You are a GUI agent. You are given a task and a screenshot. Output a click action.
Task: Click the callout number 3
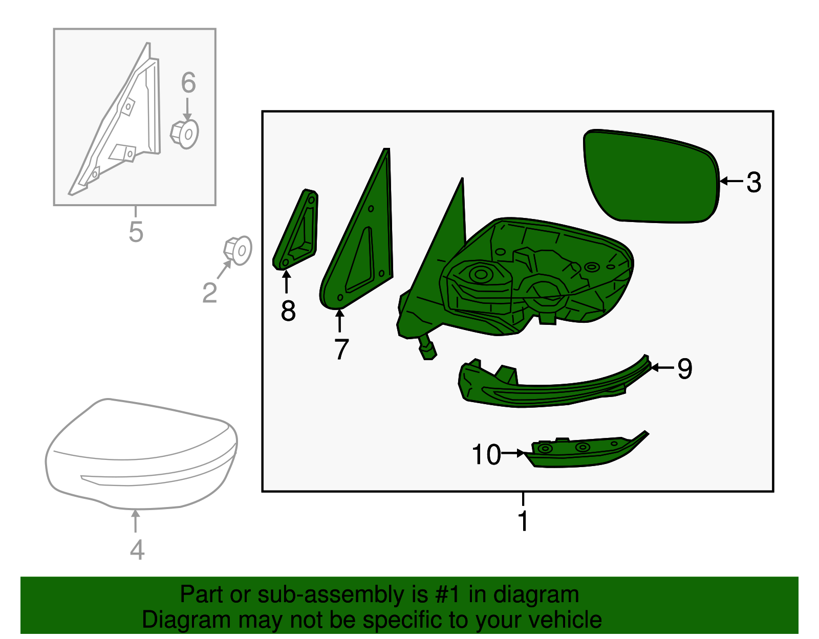[x=754, y=183]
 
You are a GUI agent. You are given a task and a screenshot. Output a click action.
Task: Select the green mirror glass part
[x=651, y=176]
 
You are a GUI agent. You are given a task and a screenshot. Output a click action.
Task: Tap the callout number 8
[x=288, y=311]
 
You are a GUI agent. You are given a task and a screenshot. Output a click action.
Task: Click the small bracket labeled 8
[x=296, y=230]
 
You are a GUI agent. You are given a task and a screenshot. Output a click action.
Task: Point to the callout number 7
[x=341, y=349]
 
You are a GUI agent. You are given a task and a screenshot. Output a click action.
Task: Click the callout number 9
[x=685, y=369]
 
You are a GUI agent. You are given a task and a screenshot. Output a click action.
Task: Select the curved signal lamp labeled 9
[x=554, y=382]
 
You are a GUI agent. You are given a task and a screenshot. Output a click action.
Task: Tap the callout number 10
[x=486, y=454]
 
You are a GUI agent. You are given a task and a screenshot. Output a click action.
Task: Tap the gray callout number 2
[x=209, y=293]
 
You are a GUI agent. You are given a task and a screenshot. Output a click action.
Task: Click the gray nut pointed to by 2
[x=238, y=251]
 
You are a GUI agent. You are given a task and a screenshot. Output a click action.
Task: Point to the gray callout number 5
[x=136, y=231]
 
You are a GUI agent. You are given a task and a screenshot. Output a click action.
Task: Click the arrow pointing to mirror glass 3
[x=731, y=181]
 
